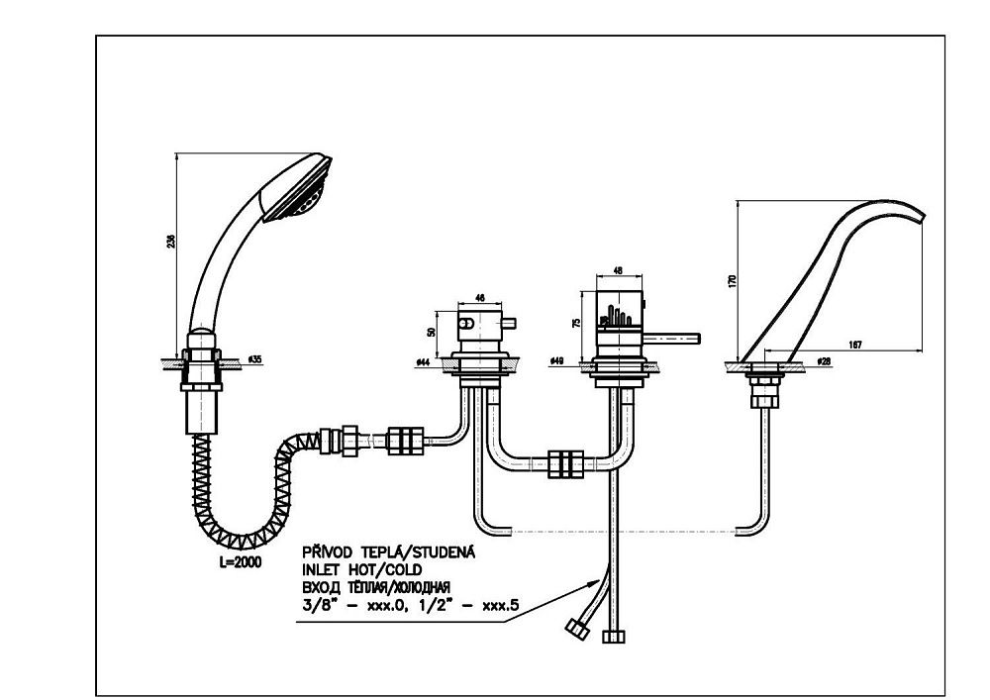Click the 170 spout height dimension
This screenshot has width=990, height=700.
point(733,281)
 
